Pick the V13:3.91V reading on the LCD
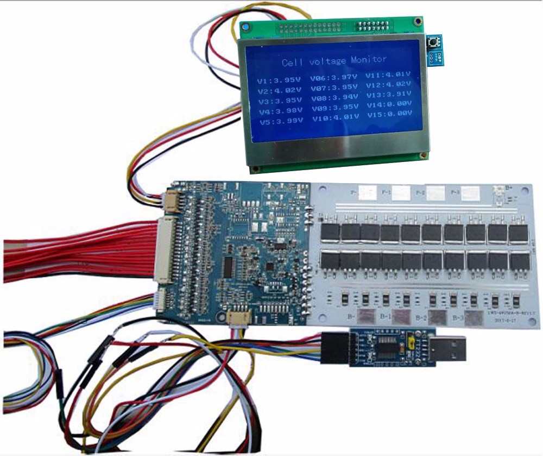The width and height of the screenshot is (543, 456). point(388,93)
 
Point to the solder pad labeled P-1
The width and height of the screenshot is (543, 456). point(401,191)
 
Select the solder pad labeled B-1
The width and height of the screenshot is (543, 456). point(402,317)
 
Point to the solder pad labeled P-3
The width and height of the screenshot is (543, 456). point(471,192)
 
